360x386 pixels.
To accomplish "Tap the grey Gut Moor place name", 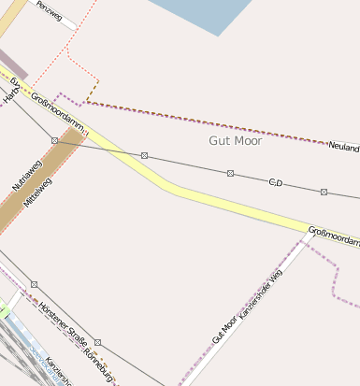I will (x=235, y=140).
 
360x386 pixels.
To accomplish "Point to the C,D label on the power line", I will (x=276, y=181).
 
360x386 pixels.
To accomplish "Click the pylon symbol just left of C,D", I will (x=230, y=173).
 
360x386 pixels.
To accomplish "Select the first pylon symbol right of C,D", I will (x=324, y=192).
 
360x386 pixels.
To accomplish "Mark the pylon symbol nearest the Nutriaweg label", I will (x=55, y=140).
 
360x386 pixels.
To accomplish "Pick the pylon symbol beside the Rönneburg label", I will (x=97, y=342).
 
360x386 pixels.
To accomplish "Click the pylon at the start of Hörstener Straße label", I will (x=35, y=284).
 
